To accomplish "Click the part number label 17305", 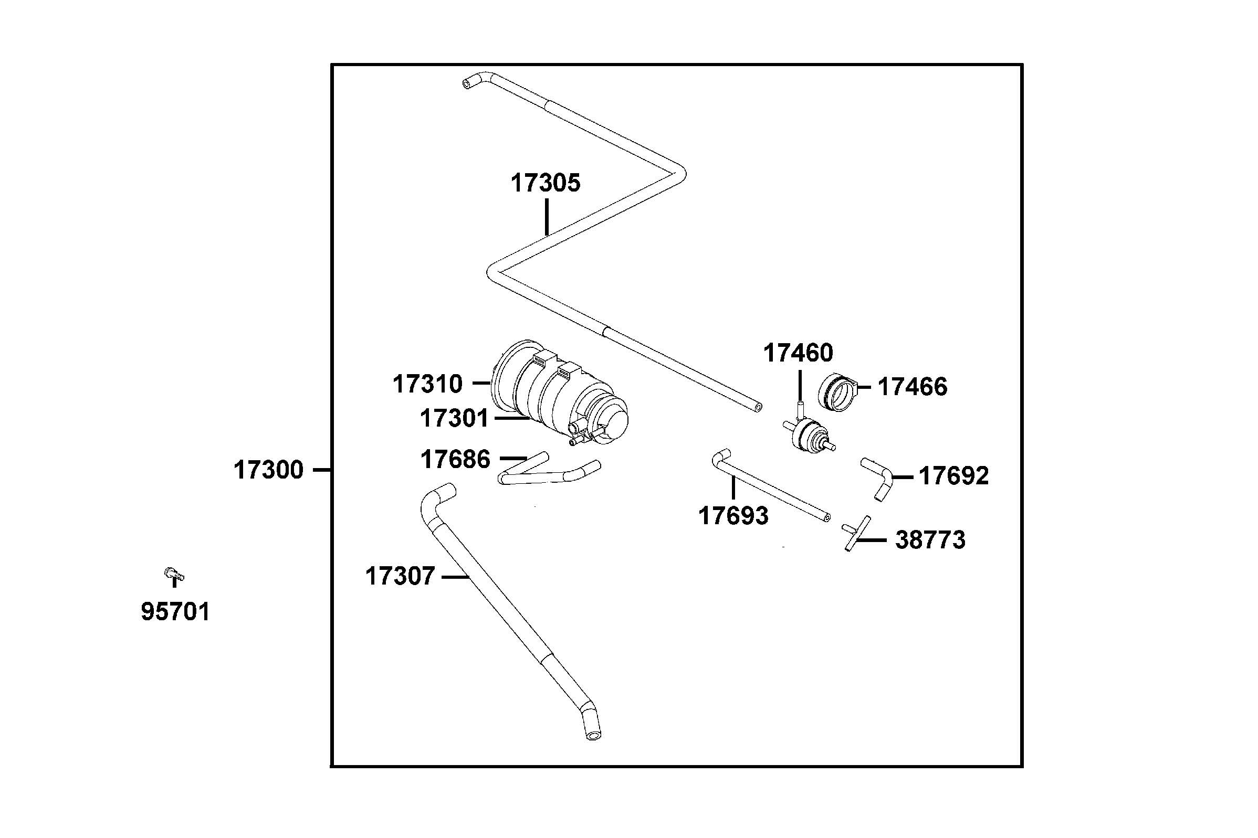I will click(545, 183).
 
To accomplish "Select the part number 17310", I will click(427, 384).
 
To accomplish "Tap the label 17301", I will click(454, 418).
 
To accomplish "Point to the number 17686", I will click(455, 460).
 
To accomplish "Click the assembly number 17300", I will click(268, 470).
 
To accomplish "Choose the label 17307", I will click(400, 577).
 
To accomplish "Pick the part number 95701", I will click(175, 612).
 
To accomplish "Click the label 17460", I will click(798, 353).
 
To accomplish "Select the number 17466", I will click(912, 387).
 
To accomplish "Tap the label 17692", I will click(953, 476).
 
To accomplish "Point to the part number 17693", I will click(733, 516).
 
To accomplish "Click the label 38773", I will click(930, 540).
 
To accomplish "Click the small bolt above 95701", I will click(173, 575).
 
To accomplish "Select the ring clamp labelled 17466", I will click(837, 393).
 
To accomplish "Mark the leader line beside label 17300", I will click(322, 470).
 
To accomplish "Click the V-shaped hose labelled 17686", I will click(546, 473).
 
